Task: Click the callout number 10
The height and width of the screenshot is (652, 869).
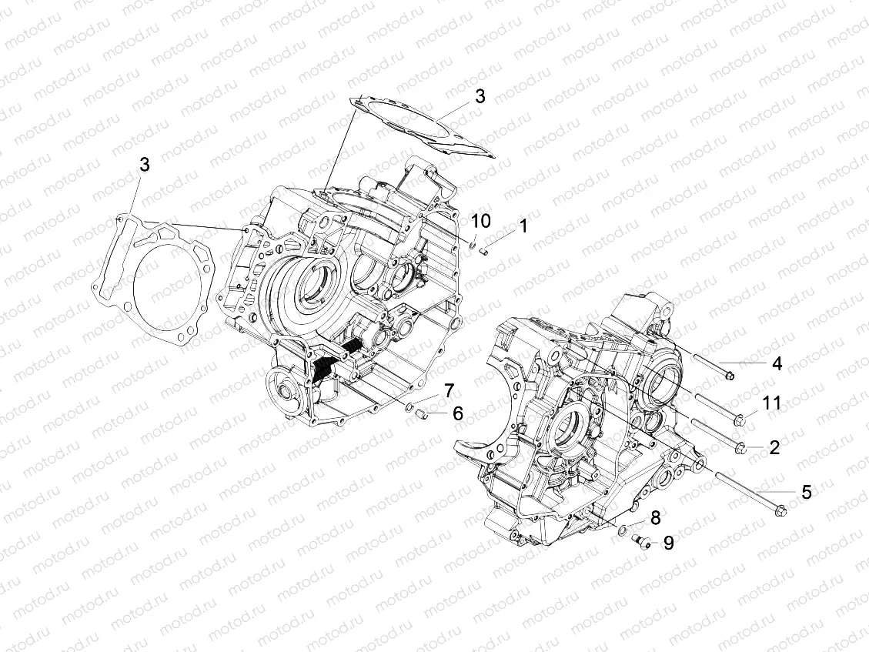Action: [480, 221]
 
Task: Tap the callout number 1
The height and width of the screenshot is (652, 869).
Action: [523, 226]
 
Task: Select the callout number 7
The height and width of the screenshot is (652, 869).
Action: [448, 390]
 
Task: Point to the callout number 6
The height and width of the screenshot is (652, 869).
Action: [457, 413]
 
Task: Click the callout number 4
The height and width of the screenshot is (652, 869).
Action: [777, 363]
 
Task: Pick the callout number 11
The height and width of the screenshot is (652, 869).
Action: [772, 403]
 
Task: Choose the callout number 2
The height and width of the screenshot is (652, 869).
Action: [774, 447]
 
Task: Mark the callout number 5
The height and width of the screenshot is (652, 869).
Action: [806, 491]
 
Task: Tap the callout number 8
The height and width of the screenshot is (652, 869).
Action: [655, 517]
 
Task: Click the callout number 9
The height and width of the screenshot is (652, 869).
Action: [668, 543]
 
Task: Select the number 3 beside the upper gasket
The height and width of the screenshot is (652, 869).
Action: [479, 97]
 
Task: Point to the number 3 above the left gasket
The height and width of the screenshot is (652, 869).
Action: [144, 164]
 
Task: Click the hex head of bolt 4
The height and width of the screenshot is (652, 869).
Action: [729, 376]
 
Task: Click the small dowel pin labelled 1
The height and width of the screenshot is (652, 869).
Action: [484, 249]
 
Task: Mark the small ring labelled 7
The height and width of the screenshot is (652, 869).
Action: [411, 407]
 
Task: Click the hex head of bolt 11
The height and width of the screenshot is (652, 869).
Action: [740, 420]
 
